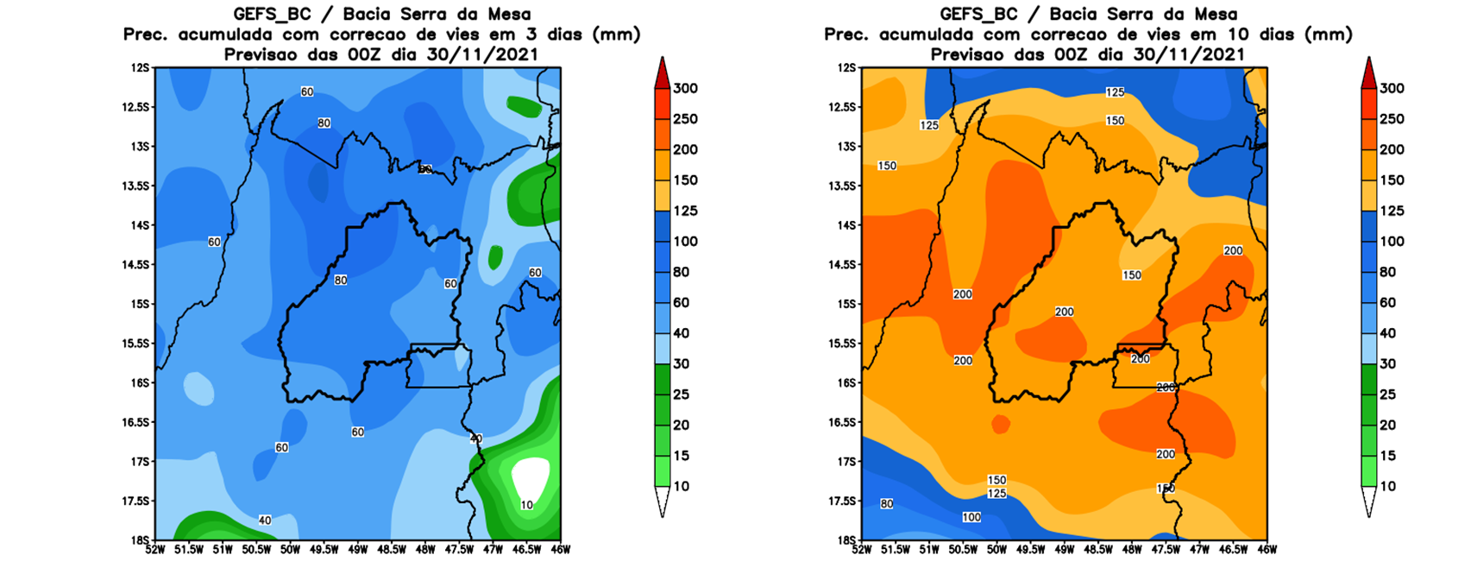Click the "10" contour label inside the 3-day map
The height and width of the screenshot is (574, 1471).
526,505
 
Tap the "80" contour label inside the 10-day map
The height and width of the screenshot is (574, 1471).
887,504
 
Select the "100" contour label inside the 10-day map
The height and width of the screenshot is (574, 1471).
971,518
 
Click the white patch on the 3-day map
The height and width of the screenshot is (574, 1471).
530,476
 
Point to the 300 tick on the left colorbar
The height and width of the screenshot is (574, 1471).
685,88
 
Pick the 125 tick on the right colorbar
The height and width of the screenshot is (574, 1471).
1392,211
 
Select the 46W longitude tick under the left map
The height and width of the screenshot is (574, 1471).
560,549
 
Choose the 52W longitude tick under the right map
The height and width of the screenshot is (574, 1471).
862,549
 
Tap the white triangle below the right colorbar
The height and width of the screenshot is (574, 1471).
1368,501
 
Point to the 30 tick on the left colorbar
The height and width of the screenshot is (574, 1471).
682,363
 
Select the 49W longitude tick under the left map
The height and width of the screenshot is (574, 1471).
357,549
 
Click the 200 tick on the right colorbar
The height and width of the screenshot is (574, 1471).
1392,149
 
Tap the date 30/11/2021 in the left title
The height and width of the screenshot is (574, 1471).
488,54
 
